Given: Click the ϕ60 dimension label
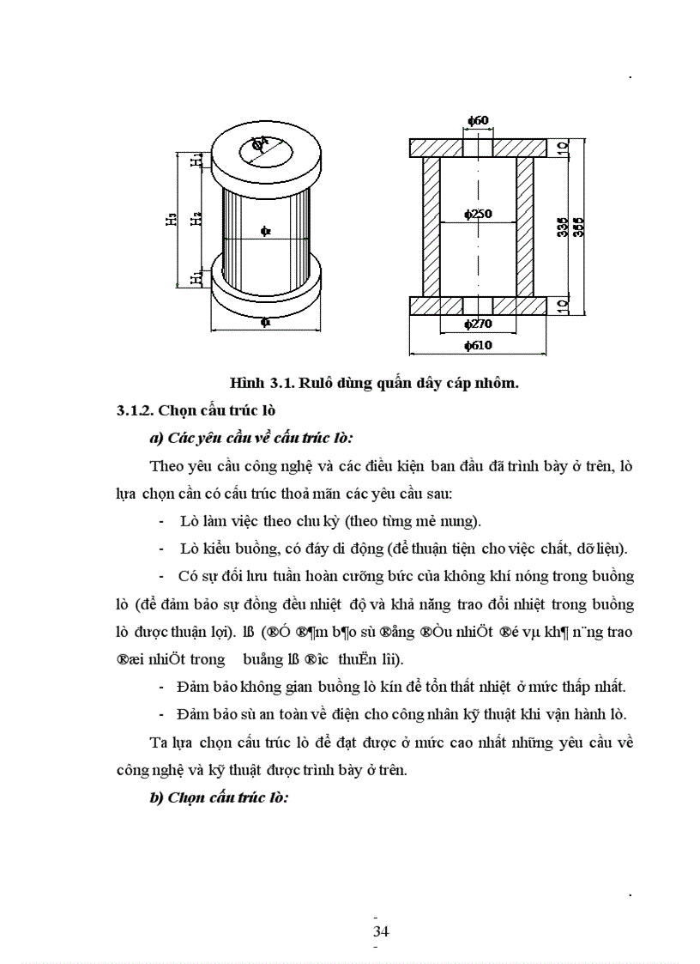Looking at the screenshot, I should [x=478, y=120].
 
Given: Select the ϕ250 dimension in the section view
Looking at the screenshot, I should [x=478, y=215].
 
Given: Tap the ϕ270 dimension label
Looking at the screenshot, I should [x=477, y=324].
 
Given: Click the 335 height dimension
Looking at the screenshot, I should [x=562, y=227].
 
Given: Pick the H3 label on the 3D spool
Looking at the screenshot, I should [x=172, y=219].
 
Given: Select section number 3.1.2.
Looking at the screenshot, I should [x=138, y=410].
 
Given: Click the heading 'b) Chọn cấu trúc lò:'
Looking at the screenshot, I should [x=219, y=797].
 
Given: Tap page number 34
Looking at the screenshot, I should [x=382, y=931].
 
